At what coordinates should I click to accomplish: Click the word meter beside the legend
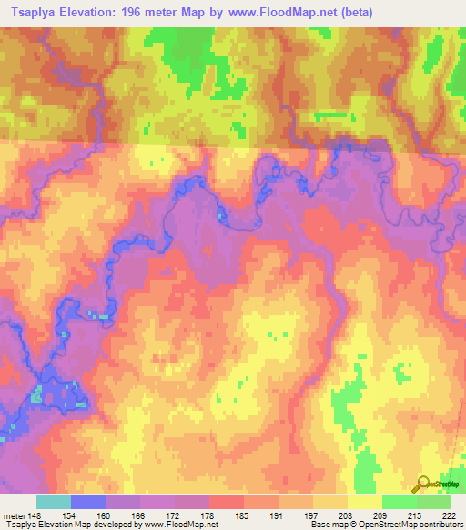point(13,515)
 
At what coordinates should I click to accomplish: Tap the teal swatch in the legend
point(54,502)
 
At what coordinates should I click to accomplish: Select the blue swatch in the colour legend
point(88,502)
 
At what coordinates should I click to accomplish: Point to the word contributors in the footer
point(441,525)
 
